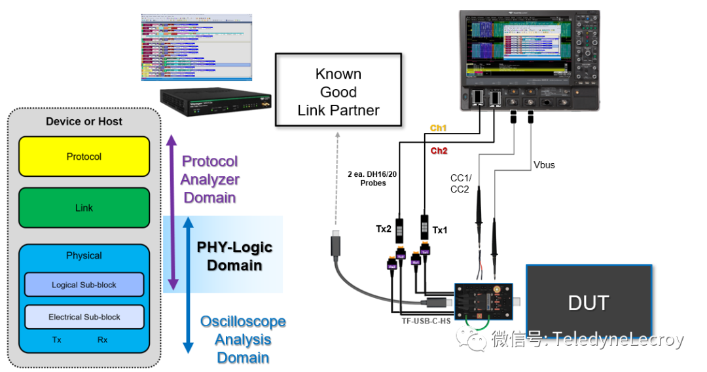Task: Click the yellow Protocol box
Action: coord(84,157)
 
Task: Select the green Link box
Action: coord(84,208)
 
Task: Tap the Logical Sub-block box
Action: coord(84,285)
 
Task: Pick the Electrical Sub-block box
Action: coord(84,317)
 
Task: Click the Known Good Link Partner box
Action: coord(338,92)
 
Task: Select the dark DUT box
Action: coord(589,303)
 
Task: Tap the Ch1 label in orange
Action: coord(438,128)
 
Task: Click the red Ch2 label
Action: coord(438,151)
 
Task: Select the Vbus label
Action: coord(543,165)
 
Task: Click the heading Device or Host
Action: coord(84,122)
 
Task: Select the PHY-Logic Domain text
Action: coord(234,256)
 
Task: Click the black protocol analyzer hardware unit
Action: coord(216,104)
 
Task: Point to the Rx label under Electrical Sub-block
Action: coord(103,340)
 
